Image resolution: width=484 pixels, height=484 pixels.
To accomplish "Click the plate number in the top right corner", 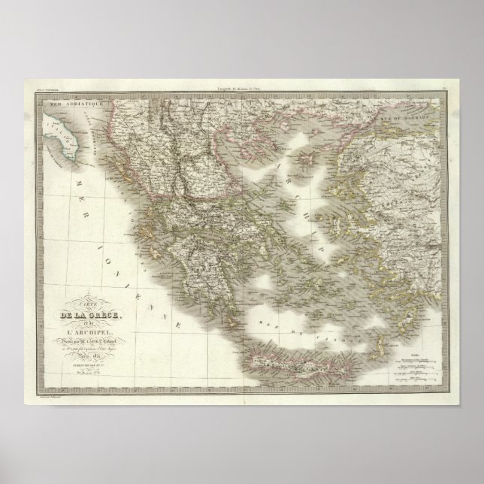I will pyautogui.click(x=445, y=91).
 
